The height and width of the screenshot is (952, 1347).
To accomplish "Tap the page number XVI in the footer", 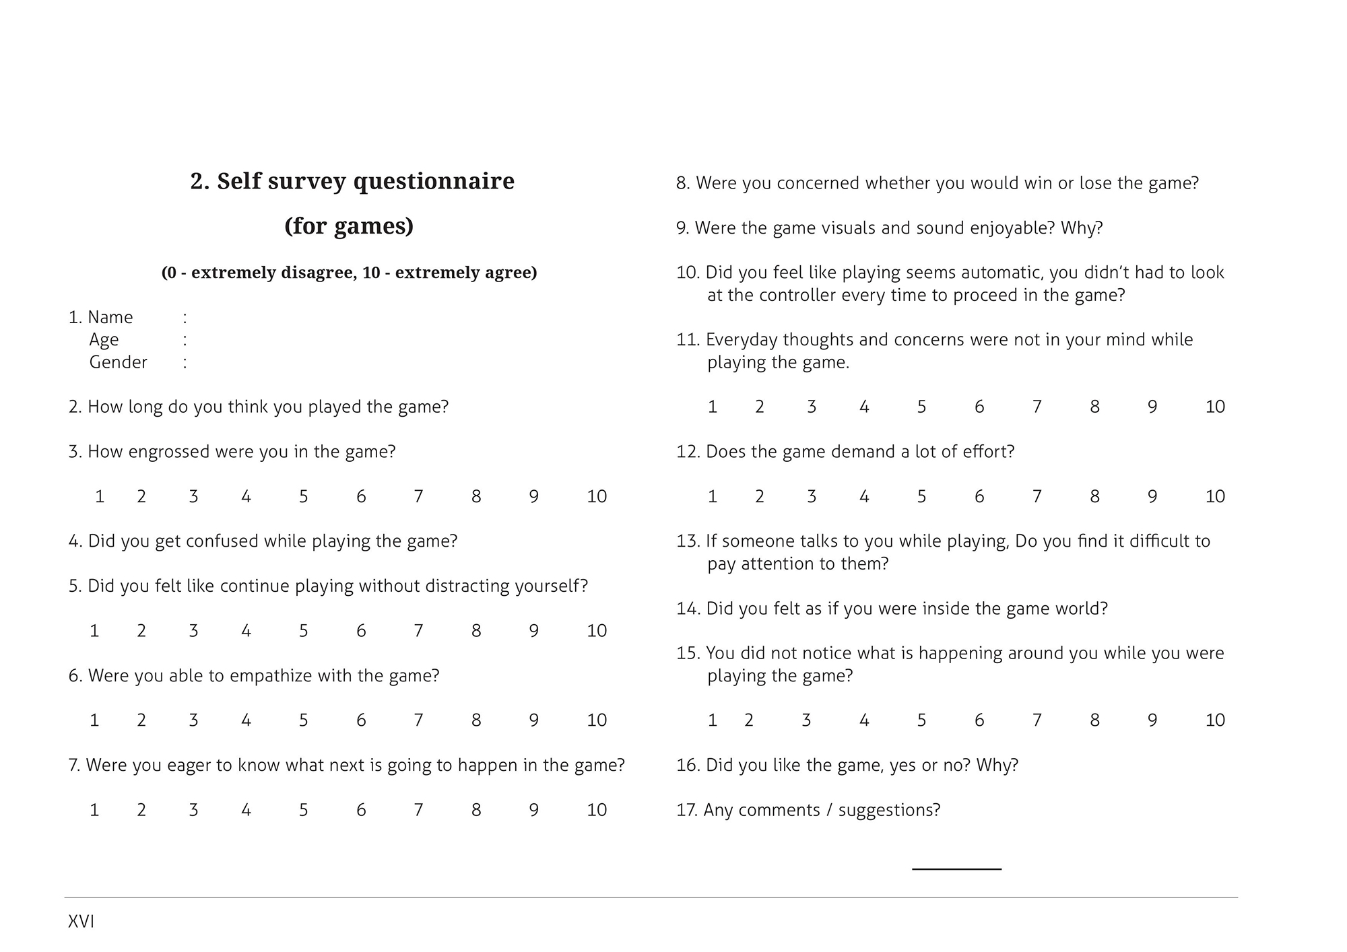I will point(81,922).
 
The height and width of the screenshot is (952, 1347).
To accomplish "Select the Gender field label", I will point(118,362).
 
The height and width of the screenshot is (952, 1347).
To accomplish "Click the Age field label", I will point(104,340).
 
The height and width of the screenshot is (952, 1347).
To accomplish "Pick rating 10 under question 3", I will point(597,497).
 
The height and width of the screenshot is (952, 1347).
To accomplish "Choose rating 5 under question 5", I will point(304,631).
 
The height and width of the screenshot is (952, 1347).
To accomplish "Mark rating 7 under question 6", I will point(418,720).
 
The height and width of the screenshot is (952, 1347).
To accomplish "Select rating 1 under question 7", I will point(94,810).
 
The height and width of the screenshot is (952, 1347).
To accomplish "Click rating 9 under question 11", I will point(1152,407).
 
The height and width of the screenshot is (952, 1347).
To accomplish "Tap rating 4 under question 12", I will point(864,497).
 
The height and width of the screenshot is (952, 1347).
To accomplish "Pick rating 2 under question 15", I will point(749,720).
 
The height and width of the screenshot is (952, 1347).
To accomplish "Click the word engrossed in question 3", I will point(169,452).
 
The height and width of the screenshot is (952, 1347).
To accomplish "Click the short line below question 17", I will point(956,869).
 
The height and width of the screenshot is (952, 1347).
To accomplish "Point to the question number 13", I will point(688,541).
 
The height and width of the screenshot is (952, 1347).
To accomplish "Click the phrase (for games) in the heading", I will point(349,226).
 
